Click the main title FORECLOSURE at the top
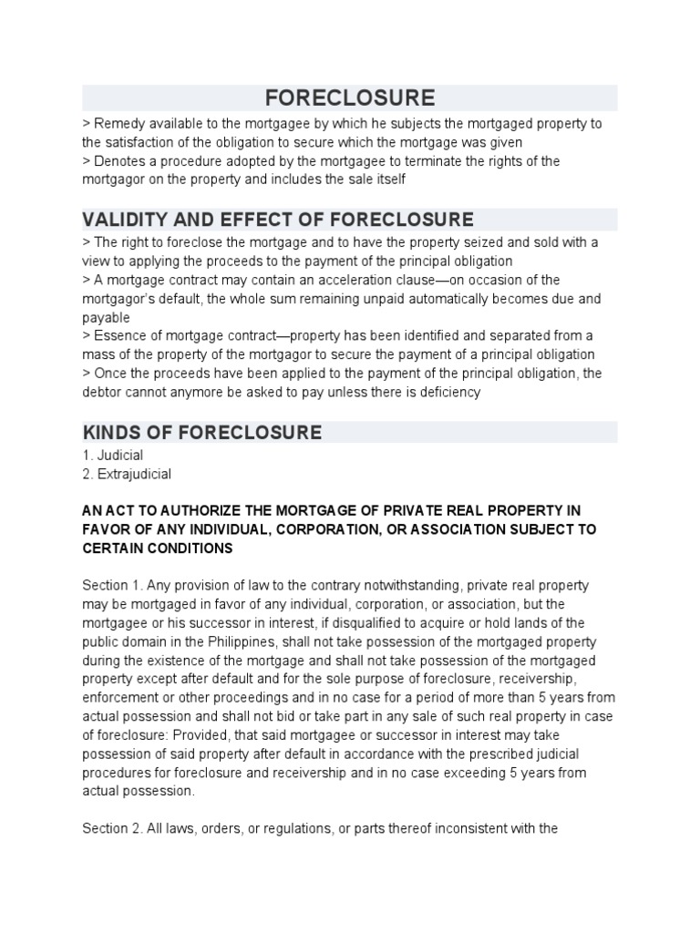[x=350, y=97]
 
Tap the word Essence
[x=117, y=336]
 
